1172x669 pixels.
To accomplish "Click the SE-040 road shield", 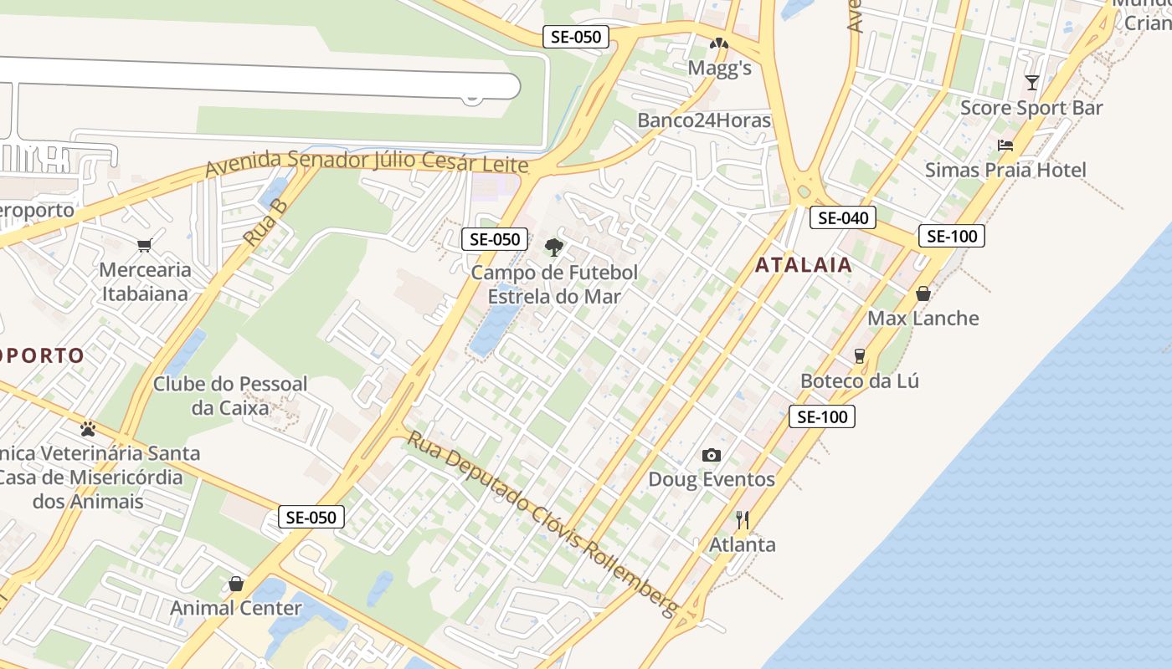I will [842, 218].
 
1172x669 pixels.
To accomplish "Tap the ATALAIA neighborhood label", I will [804, 265].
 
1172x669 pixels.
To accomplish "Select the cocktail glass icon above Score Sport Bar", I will [1032, 83].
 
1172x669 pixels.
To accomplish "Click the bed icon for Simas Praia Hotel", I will [1005, 146].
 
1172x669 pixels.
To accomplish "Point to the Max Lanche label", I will [923, 319].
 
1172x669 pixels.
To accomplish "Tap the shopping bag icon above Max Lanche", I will [923, 294].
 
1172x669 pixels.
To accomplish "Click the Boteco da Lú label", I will [859, 381].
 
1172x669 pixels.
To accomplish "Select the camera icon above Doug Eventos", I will [712, 455].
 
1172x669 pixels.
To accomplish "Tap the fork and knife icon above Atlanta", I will [742, 519].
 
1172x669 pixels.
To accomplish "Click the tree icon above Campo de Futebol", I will [553, 247].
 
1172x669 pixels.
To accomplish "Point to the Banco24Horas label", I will [703, 120].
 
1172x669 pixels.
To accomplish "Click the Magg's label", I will [719, 69].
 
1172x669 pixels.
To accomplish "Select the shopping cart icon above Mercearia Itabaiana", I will [144, 245].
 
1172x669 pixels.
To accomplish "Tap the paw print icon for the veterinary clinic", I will [88, 429].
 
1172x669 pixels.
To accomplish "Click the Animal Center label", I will [236, 608].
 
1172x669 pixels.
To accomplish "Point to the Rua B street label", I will [265, 222].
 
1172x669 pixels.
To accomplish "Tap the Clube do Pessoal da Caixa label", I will [230, 396].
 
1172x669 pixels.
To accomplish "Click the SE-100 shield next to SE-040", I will [951, 236].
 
